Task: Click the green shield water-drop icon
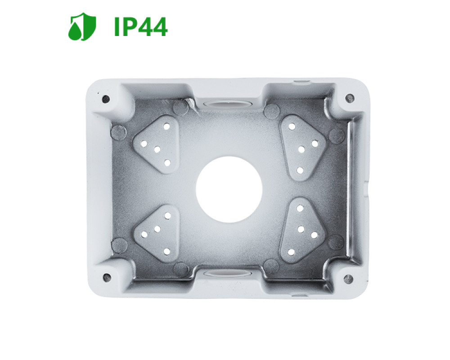(82, 27)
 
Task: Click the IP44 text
(140, 27)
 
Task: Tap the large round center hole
(229, 190)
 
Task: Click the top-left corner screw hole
(106, 99)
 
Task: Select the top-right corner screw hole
(350, 99)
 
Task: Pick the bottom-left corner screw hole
(107, 277)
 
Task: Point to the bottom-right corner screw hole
(348, 279)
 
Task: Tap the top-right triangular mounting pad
(303, 148)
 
